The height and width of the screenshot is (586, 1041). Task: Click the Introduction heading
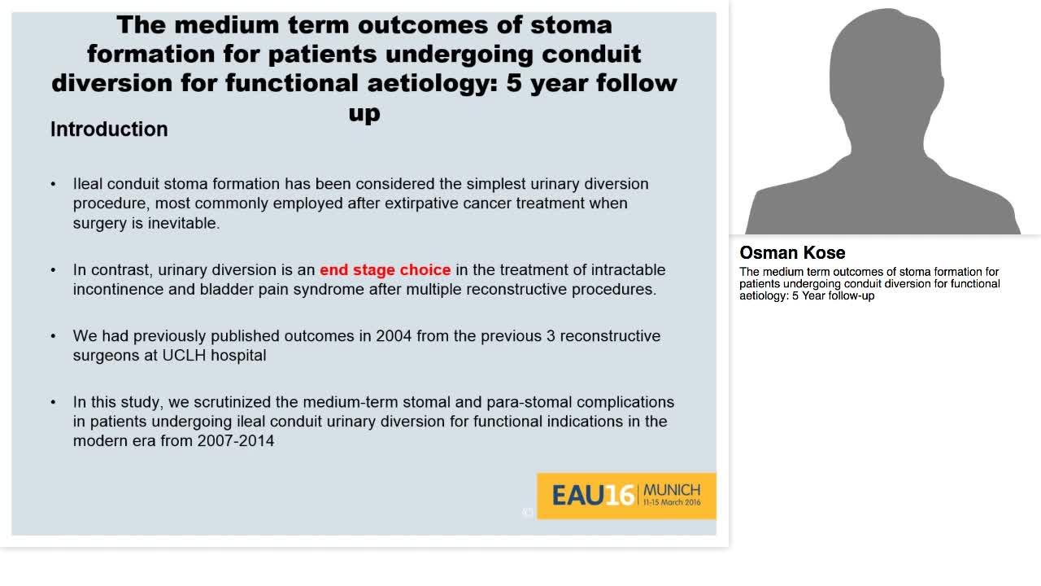pos(109,129)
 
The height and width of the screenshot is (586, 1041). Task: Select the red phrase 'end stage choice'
pos(385,270)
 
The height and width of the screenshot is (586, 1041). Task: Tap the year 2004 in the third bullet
pos(393,336)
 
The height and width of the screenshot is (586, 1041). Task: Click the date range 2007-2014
pos(235,441)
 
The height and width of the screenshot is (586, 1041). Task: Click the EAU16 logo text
pos(593,495)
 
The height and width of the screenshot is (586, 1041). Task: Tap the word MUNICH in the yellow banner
pos(671,490)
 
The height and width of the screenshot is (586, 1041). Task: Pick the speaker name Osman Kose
pos(792,252)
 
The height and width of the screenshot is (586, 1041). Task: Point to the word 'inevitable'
pos(183,223)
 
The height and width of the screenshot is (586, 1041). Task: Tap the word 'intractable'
pos(628,270)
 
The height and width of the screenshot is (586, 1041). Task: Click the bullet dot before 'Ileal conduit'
pos(54,184)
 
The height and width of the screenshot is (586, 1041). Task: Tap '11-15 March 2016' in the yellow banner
pos(671,503)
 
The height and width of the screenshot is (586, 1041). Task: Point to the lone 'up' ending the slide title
pos(364,112)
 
